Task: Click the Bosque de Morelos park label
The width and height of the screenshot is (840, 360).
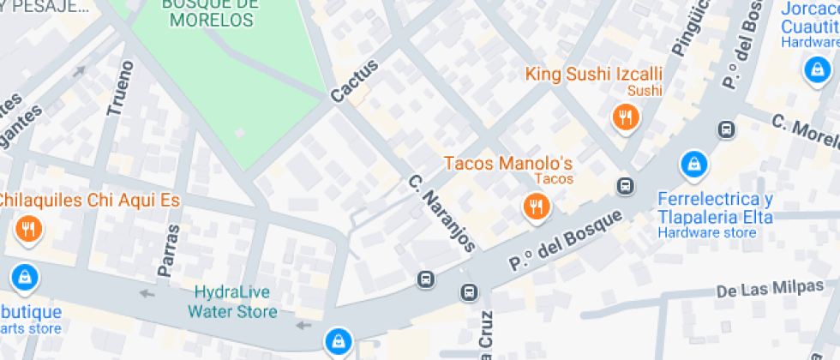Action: click(x=211, y=12)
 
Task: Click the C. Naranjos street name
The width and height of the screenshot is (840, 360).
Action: click(x=441, y=213)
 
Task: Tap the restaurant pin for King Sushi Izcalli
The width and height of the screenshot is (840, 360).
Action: click(x=626, y=117)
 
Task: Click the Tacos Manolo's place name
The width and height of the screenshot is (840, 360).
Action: click(x=507, y=163)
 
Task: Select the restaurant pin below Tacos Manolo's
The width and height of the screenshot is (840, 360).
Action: click(x=537, y=207)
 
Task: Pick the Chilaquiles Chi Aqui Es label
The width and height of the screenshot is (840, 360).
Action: click(x=88, y=201)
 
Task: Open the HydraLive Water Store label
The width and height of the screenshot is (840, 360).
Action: click(x=232, y=301)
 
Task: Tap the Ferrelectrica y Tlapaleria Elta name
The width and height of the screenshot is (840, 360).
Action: click(x=715, y=208)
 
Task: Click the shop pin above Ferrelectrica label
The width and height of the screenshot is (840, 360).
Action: click(x=692, y=163)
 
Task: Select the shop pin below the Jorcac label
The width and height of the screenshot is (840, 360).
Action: click(x=814, y=70)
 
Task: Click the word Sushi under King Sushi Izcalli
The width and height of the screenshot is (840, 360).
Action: click(x=645, y=90)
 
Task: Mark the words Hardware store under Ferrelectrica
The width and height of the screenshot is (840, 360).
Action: click(x=706, y=232)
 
